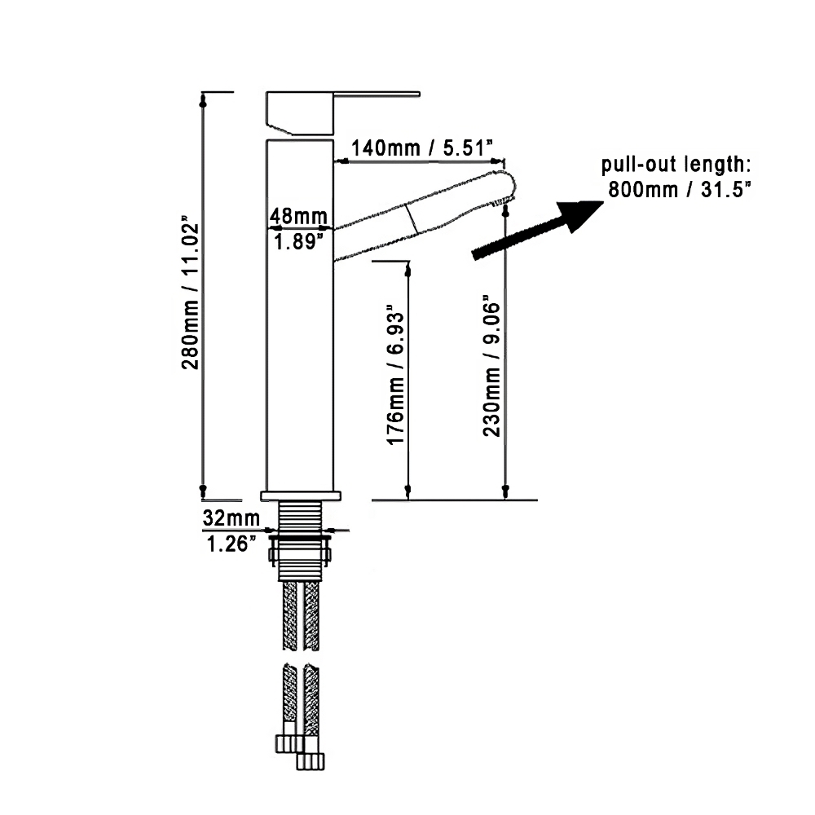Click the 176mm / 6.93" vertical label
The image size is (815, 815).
coord(395,375)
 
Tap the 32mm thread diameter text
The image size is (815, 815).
coord(231,518)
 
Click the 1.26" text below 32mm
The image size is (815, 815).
coord(231,543)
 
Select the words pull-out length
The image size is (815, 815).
coord(676,165)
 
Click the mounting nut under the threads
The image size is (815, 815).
coord(300,556)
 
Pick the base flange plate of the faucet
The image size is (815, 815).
coord(300,495)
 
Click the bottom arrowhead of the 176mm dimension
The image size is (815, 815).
coord(407,491)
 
